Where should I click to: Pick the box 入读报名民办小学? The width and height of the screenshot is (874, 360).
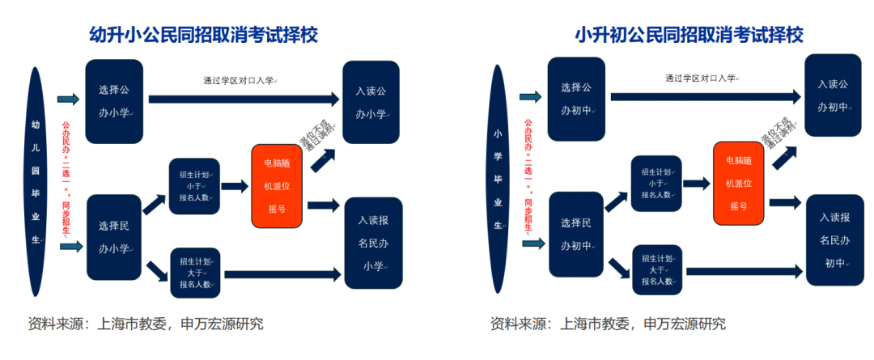point(373,242)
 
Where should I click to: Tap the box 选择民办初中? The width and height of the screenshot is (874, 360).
point(576,234)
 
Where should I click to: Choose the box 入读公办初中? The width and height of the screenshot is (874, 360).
point(832,95)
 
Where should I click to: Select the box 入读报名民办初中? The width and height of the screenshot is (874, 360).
point(834,239)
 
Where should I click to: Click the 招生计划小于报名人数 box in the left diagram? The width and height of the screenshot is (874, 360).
point(194,185)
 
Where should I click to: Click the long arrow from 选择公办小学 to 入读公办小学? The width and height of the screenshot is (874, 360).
point(243,99)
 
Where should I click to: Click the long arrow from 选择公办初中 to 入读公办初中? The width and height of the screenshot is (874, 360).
point(704,95)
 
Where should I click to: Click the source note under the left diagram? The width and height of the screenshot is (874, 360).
point(146,324)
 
